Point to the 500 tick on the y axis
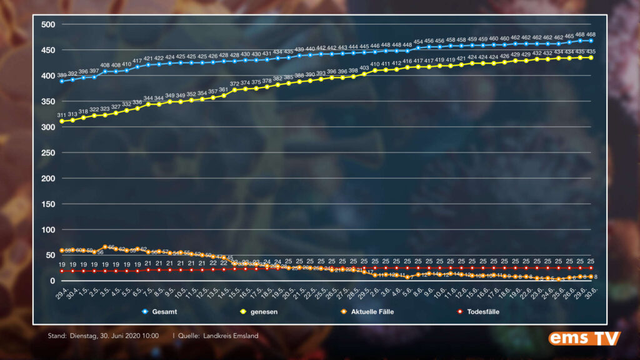click(x=49, y=24)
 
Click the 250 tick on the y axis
click(x=49, y=152)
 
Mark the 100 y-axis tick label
click(x=49, y=229)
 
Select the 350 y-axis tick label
click(x=49, y=101)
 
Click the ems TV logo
click(x=584, y=338)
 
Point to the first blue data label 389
click(x=62, y=75)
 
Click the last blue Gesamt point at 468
click(x=591, y=41)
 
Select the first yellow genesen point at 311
click(x=62, y=121)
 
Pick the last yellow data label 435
click(x=591, y=51)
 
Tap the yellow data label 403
click(x=364, y=67)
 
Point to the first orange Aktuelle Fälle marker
click(x=62, y=251)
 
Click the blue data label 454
click(x=418, y=41)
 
